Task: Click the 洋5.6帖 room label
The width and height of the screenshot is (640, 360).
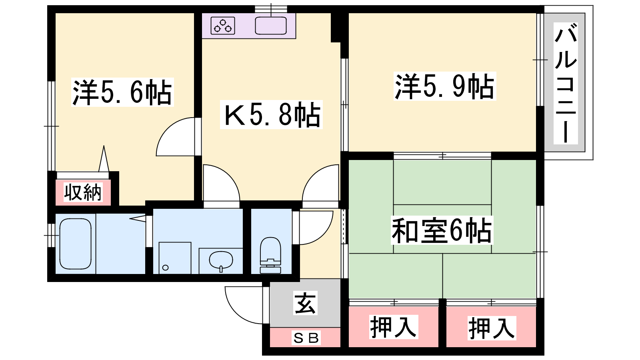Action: [x=122, y=92]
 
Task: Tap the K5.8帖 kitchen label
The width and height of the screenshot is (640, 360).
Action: [x=271, y=114]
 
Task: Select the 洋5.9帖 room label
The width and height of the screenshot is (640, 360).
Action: [x=444, y=86]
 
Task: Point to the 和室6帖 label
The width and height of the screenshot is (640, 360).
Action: [x=442, y=230]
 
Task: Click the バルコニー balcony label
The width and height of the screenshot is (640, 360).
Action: [x=566, y=83]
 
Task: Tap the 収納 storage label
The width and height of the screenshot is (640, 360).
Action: [x=83, y=192]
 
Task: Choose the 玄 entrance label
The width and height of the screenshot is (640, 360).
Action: [x=305, y=303]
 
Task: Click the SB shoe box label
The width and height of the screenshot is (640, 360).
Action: [x=306, y=338]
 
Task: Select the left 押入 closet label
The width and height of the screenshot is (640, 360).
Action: [x=394, y=327]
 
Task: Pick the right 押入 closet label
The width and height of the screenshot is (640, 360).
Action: [x=492, y=328]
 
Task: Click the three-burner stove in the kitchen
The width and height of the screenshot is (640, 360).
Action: [x=223, y=26]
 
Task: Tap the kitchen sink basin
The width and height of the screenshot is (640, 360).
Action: [x=270, y=26]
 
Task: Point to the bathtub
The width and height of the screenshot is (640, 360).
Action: [x=76, y=244]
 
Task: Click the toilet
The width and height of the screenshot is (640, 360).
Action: [x=270, y=255]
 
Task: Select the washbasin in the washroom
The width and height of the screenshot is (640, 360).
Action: [x=221, y=260]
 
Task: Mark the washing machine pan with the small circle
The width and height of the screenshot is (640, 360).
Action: [x=175, y=258]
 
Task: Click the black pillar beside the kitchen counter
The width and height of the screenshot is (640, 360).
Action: [x=336, y=28]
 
